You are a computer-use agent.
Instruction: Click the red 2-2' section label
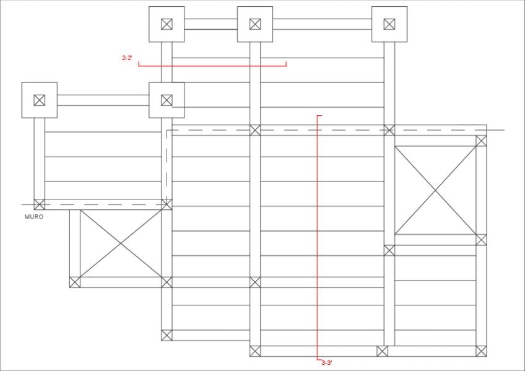(127, 58)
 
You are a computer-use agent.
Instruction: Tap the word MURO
(34, 217)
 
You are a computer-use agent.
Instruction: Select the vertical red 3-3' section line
(317, 235)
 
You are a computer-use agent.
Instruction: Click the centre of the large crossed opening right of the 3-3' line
(435, 190)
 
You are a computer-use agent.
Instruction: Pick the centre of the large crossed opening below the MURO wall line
(121, 243)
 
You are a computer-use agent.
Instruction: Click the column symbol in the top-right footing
(389, 24)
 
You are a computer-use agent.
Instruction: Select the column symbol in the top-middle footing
(255, 24)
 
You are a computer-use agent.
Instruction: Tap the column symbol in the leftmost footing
(40, 100)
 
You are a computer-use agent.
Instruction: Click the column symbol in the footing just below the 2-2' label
(167, 100)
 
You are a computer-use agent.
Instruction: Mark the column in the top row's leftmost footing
(167, 24)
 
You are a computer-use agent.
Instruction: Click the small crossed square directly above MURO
(40, 204)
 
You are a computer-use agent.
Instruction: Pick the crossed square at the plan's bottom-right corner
(481, 351)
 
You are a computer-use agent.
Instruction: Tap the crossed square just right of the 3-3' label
(382, 351)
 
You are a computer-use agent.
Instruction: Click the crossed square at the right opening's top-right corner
(481, 141)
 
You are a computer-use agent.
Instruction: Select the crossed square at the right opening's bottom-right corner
(481, 240)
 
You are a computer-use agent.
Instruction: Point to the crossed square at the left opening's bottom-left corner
(75, 282)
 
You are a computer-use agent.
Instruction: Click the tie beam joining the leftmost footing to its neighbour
(103, 100)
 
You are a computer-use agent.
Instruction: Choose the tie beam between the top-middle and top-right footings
(322, 24)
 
